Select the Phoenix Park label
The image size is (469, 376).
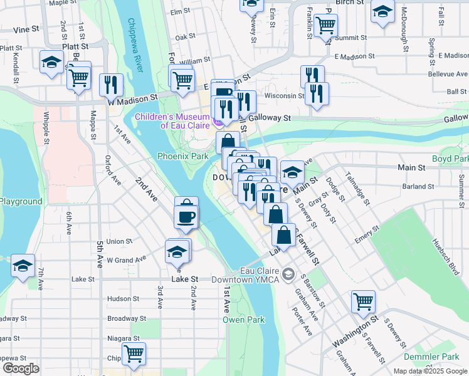click(182, 156)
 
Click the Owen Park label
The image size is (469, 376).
click(243, 320)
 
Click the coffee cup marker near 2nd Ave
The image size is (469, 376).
click(186, 217)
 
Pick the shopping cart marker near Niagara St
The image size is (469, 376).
click(134, 353)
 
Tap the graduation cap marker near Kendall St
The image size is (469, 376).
click(51, 61)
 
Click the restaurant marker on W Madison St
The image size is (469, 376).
click(111, 85)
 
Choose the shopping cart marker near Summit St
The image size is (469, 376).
click(325, 25)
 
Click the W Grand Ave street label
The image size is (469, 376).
click(126, 258)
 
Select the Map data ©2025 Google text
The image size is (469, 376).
click(429, 371)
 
